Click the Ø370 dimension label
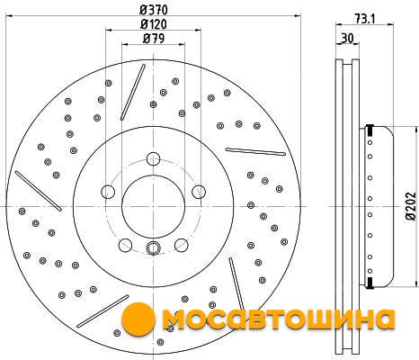click(x=154, y=10)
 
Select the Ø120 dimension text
click(x=154, y=24)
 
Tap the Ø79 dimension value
click(x=154, y=39)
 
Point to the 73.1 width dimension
click(x=365, y=19)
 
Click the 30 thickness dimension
click(x=347, y=39)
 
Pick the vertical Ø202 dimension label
click(x=412, y=206)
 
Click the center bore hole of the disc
click(x=153, y=206)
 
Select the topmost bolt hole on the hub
click(x=153, y=158)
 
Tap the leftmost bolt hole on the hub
click(x=108, y=192)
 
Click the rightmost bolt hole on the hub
click(x=199, y=192)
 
